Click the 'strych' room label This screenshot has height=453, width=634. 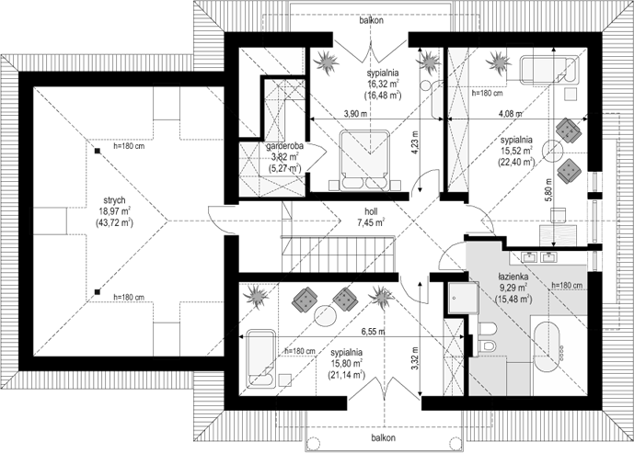(114, 200)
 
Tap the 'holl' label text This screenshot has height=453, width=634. (371, 211)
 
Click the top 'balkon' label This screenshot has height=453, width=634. (372, 20)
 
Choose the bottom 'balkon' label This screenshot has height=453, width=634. (384, 437)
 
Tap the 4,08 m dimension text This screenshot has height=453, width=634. (511, 114)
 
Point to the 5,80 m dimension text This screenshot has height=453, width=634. (548, 191)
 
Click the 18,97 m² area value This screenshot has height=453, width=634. (114, 210)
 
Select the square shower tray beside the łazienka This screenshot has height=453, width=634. (464, 298)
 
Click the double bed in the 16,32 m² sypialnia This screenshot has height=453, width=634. (364, 160)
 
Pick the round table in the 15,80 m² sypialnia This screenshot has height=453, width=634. (326, 316)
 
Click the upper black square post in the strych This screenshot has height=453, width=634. (97, 151)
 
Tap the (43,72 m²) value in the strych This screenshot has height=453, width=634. (114, 222)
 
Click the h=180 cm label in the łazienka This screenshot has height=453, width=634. (567, 286)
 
